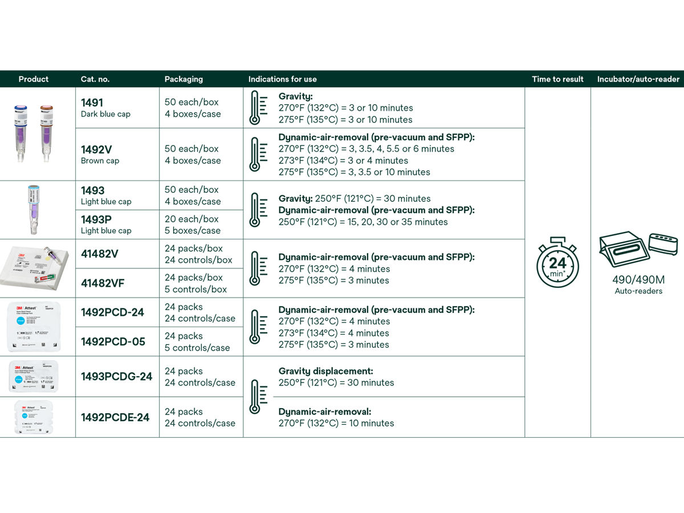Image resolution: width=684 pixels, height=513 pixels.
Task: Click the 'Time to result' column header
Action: click(x=557, y=79)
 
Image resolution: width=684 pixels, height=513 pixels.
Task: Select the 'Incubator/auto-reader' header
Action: click(x=638, y=79)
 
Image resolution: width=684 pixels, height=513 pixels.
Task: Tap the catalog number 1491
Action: click(x=92, y=103)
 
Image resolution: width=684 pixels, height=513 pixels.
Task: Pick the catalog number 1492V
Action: click(x=96, y=149)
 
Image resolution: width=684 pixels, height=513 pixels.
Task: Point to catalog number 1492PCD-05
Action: click(x=112, y=341)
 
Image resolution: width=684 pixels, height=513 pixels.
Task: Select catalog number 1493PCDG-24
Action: click(x=116, y=376)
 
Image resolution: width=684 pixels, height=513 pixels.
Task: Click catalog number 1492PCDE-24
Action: click(x=115, y=417)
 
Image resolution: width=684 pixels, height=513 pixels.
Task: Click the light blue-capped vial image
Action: click(x=33, y=210)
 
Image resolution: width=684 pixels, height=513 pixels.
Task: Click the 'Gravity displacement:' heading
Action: click(x=325, y=371)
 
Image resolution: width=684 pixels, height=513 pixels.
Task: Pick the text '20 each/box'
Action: click(x=192, y=219)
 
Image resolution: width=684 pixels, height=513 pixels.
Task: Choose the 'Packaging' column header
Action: click(x=184, y=79)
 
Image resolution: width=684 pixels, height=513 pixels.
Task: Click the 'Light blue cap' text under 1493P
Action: click(x=106, y=231)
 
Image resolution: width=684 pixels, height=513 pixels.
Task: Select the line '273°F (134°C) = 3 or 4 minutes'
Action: click(x=343, y=161)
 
